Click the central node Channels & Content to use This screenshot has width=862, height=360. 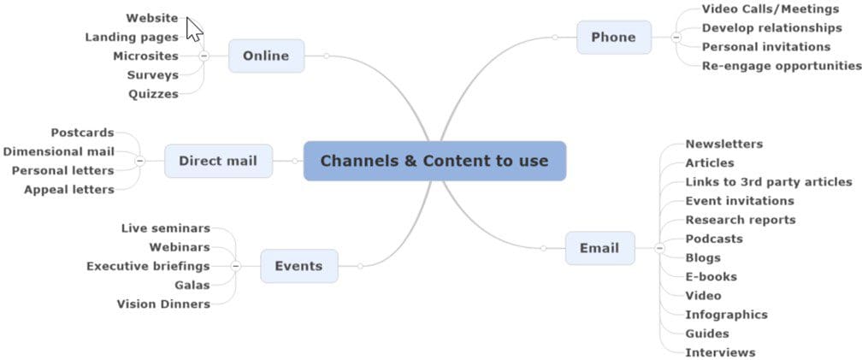coord(434,161)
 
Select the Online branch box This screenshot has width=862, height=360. coord(266,56)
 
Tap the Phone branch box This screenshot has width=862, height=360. coord(613,38)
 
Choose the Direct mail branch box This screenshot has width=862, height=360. coord(218,161)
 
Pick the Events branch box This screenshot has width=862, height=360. coord(298,266)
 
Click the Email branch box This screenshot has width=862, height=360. coord(599,248)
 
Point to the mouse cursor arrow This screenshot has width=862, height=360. coord(194,28)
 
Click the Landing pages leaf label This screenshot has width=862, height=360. coord(132,37)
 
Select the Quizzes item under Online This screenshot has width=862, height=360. coord(153,94)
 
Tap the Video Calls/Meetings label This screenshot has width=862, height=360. coord(770,9)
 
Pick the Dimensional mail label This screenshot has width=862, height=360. coord(58,151)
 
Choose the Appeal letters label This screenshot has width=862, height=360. coord(68,189)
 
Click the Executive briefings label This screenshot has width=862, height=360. coord(148,266)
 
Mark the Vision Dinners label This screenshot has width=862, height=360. coord(162,304)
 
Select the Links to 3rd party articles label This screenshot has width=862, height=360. coord(769,181)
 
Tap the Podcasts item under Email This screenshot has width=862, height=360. coord(714,239)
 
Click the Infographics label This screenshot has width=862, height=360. coord(726,314)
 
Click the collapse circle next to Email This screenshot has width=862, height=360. coord(659,248)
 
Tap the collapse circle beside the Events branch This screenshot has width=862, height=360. coord(236,266)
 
